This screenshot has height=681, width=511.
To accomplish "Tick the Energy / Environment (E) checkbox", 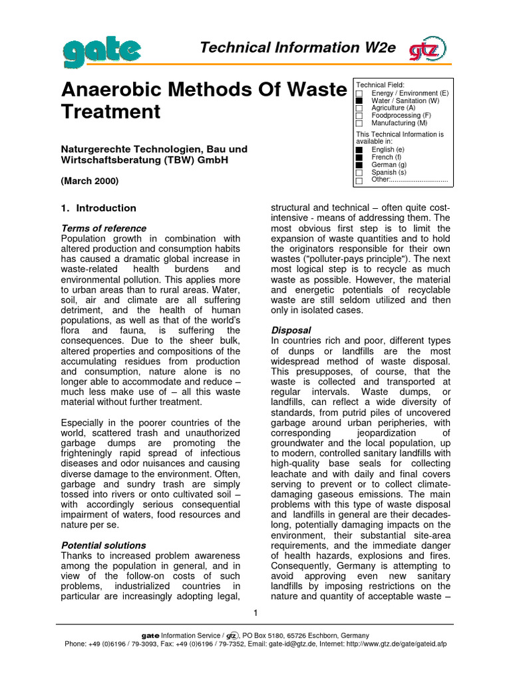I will point(359,94).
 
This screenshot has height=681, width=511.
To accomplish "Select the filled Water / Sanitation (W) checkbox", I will point(359,101).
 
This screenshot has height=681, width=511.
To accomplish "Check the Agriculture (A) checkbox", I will point(359,108).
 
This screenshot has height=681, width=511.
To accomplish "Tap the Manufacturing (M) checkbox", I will point(359,123).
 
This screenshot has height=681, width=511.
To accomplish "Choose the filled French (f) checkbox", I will point(359,158).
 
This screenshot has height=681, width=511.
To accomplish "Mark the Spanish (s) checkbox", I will point(359,172).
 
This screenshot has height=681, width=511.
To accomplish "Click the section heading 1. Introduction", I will point(98,207).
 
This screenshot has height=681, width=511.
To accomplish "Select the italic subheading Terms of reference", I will point(103,228).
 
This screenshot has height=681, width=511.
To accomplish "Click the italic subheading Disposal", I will point(291,330).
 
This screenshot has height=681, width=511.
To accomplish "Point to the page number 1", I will point(256,612).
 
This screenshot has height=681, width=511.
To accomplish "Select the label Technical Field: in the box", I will point(376,85).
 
